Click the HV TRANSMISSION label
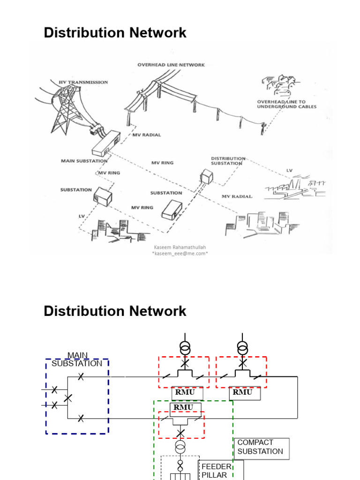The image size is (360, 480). [83, 82]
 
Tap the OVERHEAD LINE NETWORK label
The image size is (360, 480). [171, 65]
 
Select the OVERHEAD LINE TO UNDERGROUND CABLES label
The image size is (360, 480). [286, 104]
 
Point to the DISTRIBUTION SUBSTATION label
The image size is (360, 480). [228, 161]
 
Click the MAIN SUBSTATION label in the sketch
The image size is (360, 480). [84, 161]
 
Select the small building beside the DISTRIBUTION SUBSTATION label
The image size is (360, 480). [206, 176]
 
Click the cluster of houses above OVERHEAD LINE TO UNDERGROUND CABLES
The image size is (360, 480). [280, 83]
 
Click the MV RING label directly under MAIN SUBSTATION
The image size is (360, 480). [109, 173]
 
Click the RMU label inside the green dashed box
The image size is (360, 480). [183, 407]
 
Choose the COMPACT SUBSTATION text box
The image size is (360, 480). [261, 447]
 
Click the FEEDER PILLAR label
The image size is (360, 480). [216, 471]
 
